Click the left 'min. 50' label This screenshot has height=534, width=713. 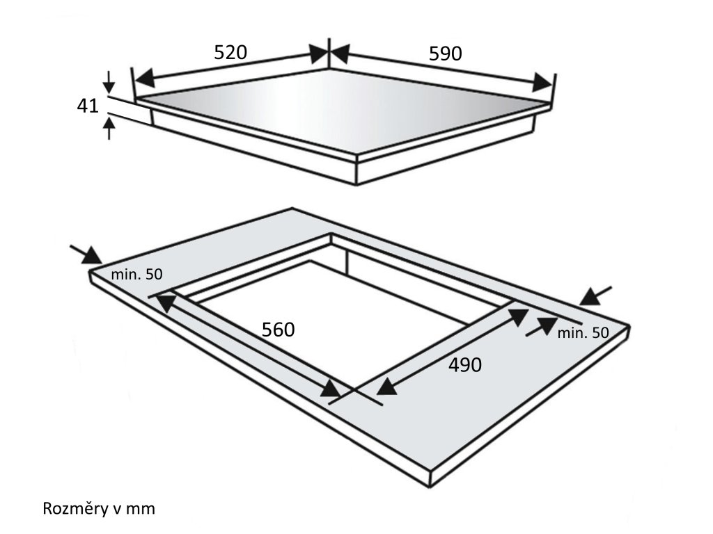tap(136, 275)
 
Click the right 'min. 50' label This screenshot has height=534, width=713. tap(583, 333)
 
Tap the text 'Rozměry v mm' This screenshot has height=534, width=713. tap(99, 509)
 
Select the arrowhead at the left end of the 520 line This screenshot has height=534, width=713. tap(142, 76)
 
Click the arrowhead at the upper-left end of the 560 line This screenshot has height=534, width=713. tap(164, 301)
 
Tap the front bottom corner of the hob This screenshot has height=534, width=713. tap(357, 184)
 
